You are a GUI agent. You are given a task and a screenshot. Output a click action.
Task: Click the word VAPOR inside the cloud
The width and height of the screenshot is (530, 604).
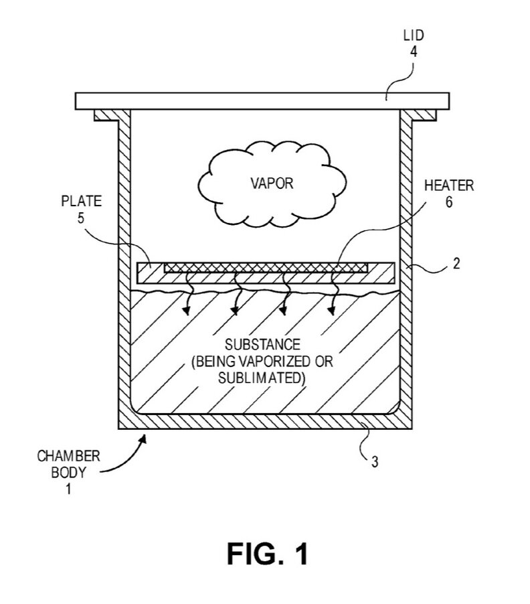pyautogui.click(x=272, y=183)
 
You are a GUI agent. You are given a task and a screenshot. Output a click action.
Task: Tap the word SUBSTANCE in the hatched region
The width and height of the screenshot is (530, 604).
pyautogui.click(x=262, y=346)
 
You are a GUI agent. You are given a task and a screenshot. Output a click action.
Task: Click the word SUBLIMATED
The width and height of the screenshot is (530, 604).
pyautogui.click(x=262, y=377)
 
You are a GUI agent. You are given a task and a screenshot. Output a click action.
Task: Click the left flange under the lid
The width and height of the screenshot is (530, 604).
pyautogui.click(x=106, y=115)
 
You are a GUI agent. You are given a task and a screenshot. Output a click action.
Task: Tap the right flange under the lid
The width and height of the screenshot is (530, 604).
pyautogui.click(x=423, y=115)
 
